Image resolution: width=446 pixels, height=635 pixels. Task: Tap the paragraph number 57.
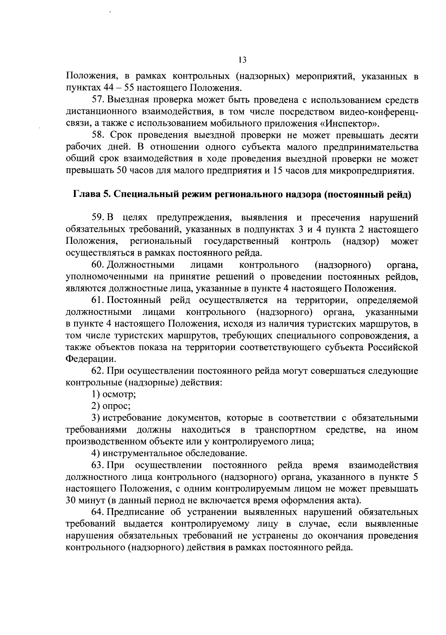click(97, 100)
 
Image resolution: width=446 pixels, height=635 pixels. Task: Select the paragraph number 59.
click(97, 218)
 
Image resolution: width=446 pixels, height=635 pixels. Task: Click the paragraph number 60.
click(97, 265)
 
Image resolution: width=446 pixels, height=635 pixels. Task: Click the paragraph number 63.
click(97, 465)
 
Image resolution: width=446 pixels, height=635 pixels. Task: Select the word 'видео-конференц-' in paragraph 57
click(379, 112)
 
